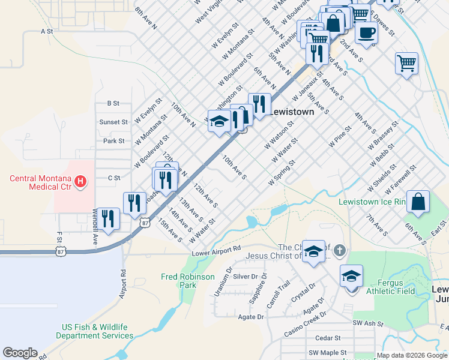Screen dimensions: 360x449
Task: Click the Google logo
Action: pyautogui.click(x=20, y=353)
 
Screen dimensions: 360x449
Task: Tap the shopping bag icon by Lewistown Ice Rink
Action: pyautogui.click(x=418, y=202)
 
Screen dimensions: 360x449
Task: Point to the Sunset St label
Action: pyautogui.click(x=113, y=122)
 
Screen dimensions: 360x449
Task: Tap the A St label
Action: pyautogui.click(x=47, y=30)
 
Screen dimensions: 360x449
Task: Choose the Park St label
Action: pyautogui.click(x=113, y=141)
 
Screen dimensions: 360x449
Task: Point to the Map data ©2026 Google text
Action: pyautogui.click(x=412, y=355)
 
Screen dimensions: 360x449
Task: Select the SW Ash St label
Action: pyautogui.click(x=368, y=323)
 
